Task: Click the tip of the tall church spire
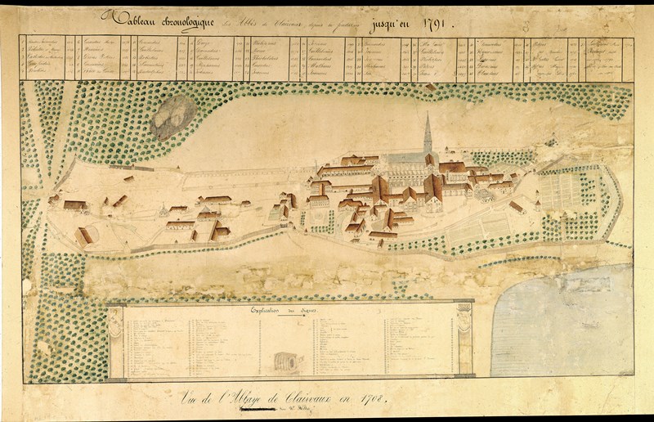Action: coord(427,114)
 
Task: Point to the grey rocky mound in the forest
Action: coord(172,115)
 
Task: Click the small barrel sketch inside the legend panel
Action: coord(283,359)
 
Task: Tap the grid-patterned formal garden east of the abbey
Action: coord(564,193)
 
